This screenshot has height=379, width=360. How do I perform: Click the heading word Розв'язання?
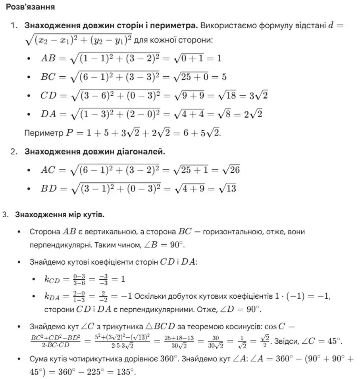pos(31,7)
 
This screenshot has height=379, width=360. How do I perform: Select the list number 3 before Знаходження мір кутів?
pos(5,215)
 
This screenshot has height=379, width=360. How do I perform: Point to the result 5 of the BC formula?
pos(224,77)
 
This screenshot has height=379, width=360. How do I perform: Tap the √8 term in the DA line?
pos(225,114)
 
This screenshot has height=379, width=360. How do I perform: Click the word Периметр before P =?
pos(43,133)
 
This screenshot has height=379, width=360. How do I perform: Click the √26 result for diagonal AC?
pos(231,170)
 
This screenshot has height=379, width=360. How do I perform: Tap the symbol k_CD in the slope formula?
pos(52,279)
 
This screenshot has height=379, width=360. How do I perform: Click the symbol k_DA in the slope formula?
pos(52,296)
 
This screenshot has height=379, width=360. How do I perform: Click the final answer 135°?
pos(127,373)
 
